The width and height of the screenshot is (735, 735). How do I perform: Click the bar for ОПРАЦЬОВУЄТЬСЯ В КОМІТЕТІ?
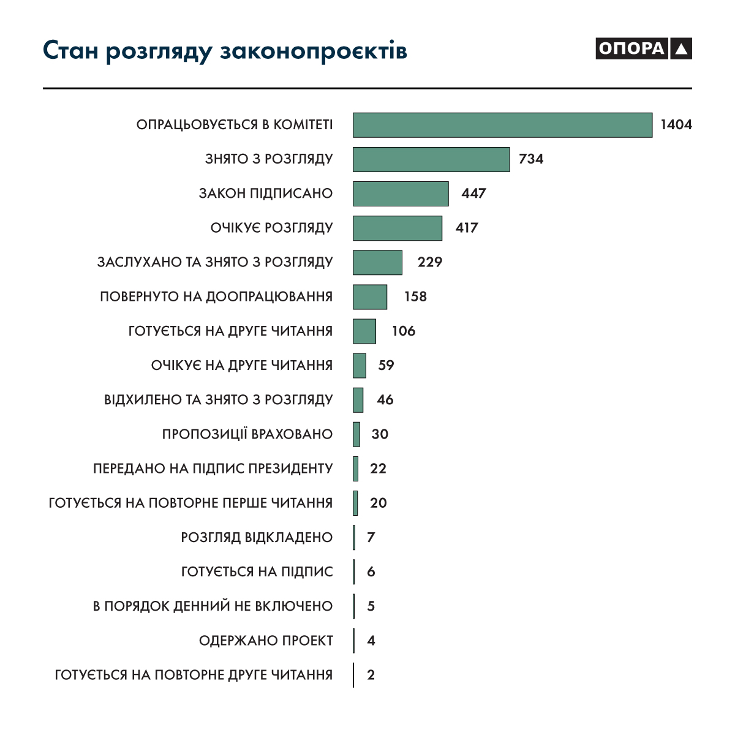click(502, 125)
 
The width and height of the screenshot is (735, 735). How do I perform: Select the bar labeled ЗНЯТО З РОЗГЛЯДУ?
click(431, 159)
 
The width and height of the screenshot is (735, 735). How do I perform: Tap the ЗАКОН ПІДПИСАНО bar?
click(401, 194)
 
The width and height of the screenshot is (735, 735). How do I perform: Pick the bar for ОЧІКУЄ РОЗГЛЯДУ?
click(398, 228)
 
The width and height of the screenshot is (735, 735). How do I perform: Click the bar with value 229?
click(377, 262)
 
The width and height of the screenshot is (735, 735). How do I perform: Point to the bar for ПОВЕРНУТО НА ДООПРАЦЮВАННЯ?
click(370, 296)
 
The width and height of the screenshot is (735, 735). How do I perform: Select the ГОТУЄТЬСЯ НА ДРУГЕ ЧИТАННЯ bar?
click(364, 331)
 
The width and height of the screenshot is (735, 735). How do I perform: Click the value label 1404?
click(676, 125)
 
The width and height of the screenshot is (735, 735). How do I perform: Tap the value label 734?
click(531, 159)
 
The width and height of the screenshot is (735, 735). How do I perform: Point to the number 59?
click(386, 366)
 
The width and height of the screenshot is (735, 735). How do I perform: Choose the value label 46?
click(385, 400)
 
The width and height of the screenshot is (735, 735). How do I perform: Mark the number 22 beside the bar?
click(378, 469)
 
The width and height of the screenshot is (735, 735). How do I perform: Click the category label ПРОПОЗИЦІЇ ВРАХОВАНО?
click(247, 434)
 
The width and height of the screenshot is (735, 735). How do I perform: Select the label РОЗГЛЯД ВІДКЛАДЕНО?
click(257, 538)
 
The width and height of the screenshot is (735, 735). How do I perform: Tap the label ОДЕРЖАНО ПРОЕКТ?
click(266, 641)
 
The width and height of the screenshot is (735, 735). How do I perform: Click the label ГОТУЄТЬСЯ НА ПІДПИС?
click(257, 572)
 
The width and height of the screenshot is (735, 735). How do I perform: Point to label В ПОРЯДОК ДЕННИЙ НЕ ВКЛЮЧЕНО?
click(213, 606)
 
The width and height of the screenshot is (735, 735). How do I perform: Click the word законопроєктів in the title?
click(313, 51)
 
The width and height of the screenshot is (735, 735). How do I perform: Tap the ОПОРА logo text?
click(631, 48)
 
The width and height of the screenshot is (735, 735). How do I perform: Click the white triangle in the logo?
click(681, 49)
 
